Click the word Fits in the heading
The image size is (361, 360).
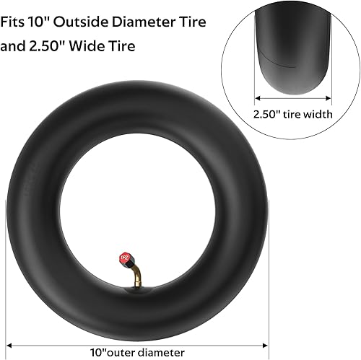click(15, 22)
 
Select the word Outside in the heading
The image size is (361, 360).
click(82, 22)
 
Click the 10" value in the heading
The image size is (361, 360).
click(45, 22)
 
